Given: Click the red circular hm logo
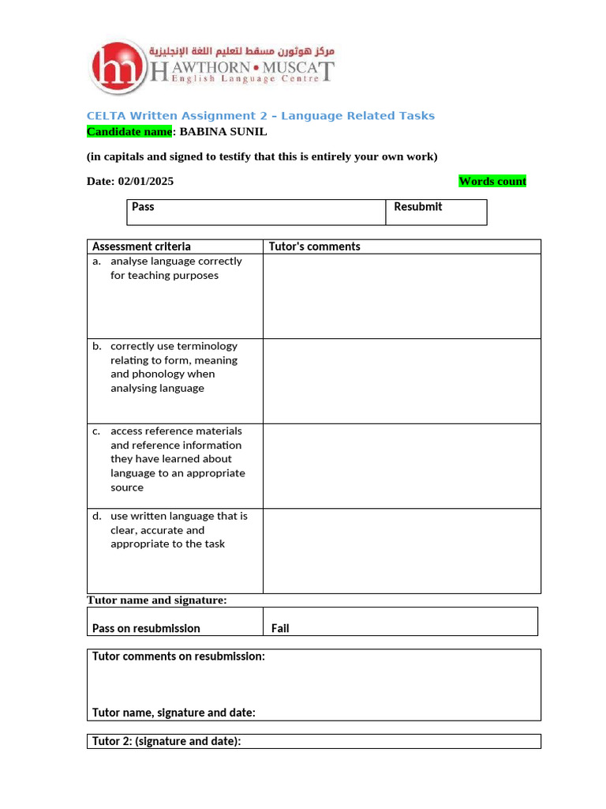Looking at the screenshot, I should tap(119, 66).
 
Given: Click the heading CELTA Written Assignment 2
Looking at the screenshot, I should tap(260, 116).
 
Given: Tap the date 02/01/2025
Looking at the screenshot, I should tap(146, 181).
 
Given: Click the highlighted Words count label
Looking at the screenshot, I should tap(492, 181).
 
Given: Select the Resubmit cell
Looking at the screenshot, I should tap(436, 212).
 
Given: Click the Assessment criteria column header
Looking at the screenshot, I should tap(142, 246).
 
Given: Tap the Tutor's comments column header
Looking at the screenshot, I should tap(315, 246).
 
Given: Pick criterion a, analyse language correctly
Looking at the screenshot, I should tap(174, 269).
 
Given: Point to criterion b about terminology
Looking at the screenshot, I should tap(173, 367).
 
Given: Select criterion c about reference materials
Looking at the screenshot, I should tap(177, 459).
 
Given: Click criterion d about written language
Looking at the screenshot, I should tap(178, 529).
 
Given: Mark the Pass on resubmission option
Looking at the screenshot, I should tap(146, 628).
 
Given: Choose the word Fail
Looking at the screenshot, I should tap(280, 628).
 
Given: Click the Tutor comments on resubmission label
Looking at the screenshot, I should tap(178, 657).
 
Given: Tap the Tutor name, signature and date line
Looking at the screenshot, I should tap(174, 713).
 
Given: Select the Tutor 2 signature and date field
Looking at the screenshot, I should tap(166, 741).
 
